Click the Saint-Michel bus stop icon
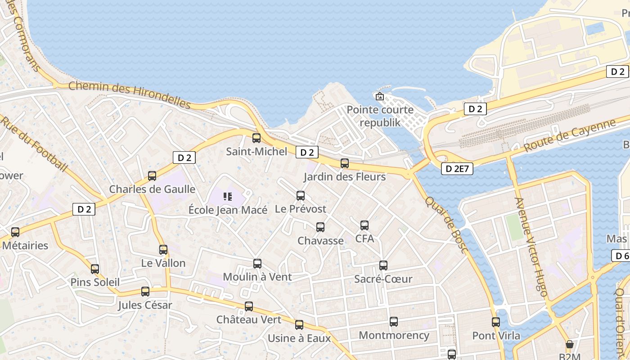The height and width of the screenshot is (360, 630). click(256, 138)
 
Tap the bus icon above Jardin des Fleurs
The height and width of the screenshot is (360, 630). click(345, 163)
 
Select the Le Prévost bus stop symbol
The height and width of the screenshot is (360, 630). click(301, 195)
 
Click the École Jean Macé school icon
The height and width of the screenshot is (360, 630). click(227, 196)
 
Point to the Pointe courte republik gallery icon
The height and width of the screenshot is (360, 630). click(379, 96)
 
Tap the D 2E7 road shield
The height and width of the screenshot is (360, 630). click(458, 169)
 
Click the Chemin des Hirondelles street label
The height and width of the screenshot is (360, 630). click(130, 94)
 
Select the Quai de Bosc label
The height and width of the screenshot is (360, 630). click(447, 225)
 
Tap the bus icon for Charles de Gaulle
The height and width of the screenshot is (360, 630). click(152, 175)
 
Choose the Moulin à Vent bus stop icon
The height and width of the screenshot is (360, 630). click(257, 263)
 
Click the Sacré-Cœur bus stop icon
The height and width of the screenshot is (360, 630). click(383, 265)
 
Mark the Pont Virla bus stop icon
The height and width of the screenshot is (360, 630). click(496, 322)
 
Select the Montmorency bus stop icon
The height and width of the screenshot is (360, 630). click(394, 322)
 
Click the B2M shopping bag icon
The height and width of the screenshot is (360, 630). click(570, 344)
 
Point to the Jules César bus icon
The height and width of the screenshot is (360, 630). click(145, 291)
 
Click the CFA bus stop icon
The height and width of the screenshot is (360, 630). click(364, 225)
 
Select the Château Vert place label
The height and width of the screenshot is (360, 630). click(249, 319)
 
